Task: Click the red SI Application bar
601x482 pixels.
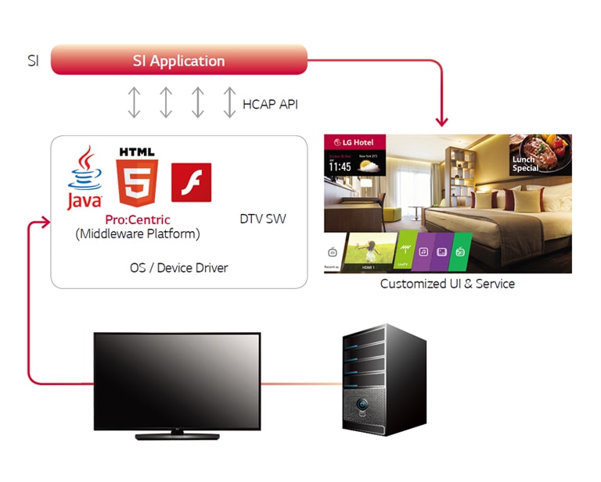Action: click(178, 60)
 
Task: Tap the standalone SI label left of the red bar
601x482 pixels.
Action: click(33, 61)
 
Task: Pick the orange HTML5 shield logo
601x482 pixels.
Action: click(136, 177)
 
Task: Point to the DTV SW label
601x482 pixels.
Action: click(262, 219)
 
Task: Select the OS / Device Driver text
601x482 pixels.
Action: click(178, 268)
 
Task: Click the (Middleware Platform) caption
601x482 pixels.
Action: click(137, 234)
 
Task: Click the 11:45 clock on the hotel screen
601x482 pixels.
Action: click(340, 166)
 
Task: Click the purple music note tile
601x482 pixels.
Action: click(423, 252)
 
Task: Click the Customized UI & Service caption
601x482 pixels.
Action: click(447, 284)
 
